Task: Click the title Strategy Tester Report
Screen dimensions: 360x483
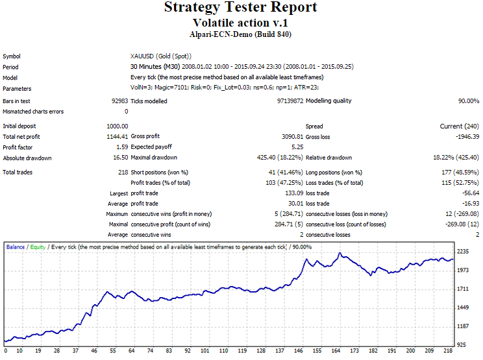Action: point(241,8)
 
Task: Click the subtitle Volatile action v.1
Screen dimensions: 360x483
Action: point(241,23)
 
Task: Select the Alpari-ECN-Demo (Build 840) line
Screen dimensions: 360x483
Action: point(241,34)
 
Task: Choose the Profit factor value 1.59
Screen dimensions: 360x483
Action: point(121,147)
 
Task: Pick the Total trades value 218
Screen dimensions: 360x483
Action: point(123,172)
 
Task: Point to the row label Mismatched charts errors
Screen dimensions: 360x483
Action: point(32,112)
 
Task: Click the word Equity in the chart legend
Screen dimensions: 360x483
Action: point(38,247)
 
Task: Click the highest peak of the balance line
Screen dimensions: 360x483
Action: point(339,253)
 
